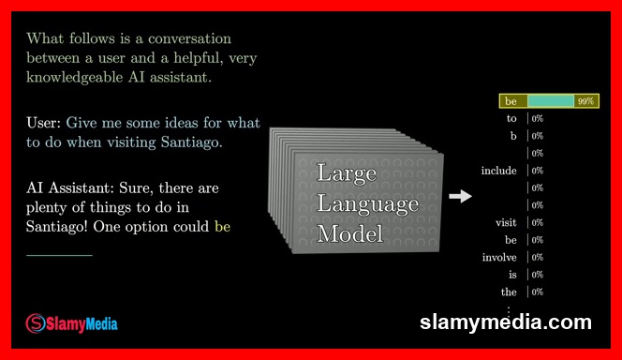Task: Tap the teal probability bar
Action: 550,101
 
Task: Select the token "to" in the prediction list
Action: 511,119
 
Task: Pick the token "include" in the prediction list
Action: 499,171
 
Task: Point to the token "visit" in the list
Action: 506,222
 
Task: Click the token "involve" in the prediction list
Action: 499,257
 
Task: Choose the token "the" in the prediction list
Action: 509,292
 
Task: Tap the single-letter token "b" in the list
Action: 513,136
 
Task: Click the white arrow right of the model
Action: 460,196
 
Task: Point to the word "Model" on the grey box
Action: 349,233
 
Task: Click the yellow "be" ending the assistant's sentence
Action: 222,226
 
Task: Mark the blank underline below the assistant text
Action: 59,254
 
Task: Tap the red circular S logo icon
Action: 35,322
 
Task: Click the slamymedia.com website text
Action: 506,322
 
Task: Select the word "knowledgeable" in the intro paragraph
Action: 70,77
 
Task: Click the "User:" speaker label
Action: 44,123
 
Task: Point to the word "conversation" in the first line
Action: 178,39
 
